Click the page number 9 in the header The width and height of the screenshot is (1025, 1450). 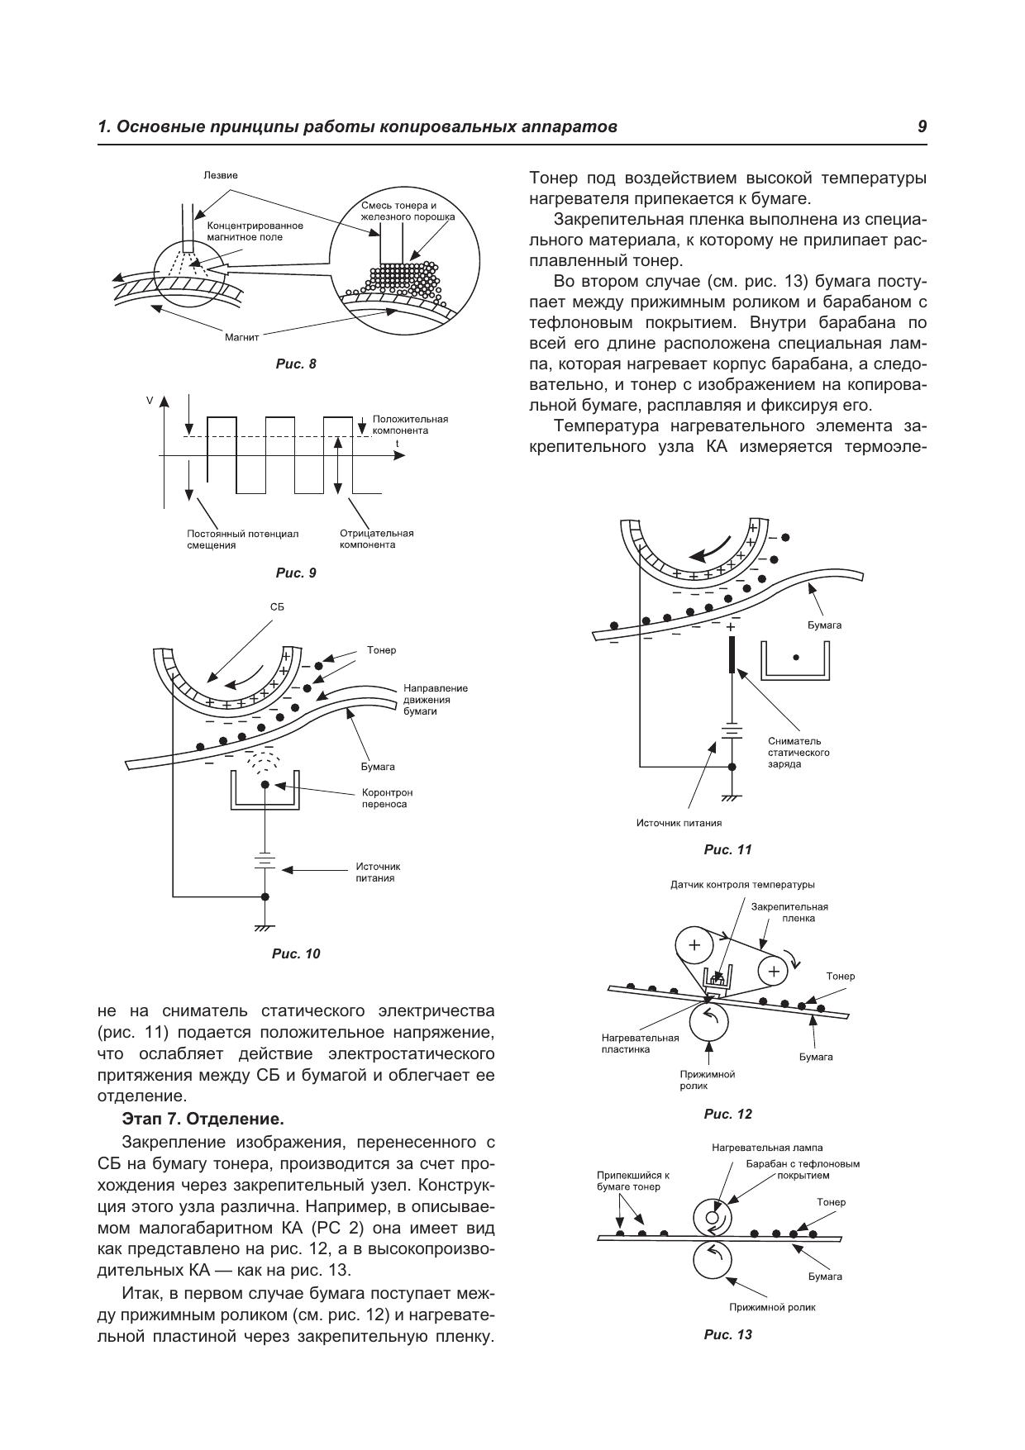pos(922,127)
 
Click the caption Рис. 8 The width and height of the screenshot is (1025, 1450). pos(296,364)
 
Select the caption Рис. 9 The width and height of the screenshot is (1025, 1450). pos(296,573)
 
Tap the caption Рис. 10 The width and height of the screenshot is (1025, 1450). pos(296,953)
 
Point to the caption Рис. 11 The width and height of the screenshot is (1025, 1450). pos(728,849)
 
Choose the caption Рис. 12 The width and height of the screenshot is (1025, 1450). pos(728,1114)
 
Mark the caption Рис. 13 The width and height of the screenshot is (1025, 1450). pos(728,1334)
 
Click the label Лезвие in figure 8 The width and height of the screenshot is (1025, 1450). pos(221,175)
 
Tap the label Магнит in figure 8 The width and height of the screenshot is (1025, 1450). pos(242,337)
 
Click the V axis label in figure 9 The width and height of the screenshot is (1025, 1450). pos(150,401)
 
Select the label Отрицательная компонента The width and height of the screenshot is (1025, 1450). pos(376,539)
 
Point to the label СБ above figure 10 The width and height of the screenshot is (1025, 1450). pos(277,606)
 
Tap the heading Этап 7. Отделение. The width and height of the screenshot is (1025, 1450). pos(203,1120)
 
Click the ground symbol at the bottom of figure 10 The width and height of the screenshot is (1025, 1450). pos(265,928)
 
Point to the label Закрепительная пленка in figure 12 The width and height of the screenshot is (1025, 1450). pos(789,912)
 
